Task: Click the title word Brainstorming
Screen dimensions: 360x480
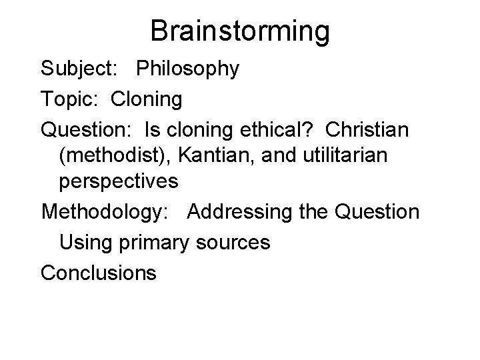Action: click(240, 31)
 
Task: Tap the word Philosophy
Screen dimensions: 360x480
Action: click(188, 69)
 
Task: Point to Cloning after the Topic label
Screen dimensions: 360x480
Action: click(147, 100)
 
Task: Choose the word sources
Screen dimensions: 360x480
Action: click(233, 242)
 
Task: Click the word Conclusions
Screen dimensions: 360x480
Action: click(99, 273)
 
